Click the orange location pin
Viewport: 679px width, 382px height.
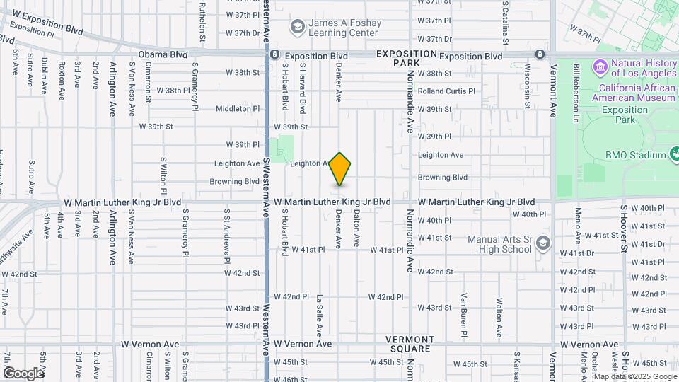pos(340,168)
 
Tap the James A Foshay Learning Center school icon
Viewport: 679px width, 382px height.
pos(297,27)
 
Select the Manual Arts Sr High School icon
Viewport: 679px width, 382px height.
pos(543,244)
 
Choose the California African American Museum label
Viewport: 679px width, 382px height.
pos(637,93)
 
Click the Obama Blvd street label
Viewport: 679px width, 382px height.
pos(163,54)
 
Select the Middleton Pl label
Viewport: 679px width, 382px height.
pos(238,109)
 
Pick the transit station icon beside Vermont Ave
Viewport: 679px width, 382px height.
pos(540,54)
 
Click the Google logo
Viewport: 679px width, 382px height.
pos(23,373)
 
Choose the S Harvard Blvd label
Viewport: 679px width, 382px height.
pos(303,88)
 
